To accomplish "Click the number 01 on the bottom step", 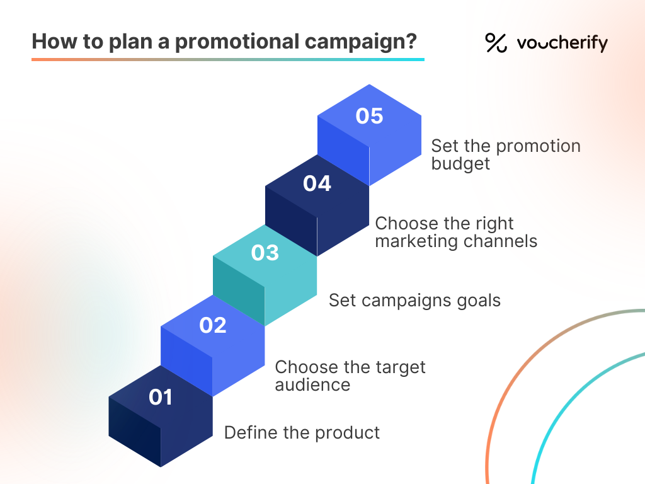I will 161,397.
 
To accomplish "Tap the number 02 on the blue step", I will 213,325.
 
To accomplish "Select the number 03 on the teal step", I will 265,253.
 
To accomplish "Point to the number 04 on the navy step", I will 317,183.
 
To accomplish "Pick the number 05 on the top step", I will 369,117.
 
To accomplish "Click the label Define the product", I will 302,433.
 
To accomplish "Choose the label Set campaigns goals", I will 414,300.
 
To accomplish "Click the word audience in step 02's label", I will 312,384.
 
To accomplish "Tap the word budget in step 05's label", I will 460,164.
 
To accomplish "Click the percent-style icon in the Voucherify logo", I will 496,43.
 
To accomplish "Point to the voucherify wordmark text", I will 562,43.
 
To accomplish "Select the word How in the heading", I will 49,42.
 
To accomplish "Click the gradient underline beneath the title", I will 227,59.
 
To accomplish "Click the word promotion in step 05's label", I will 539,146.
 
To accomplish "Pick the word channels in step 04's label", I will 504,241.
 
